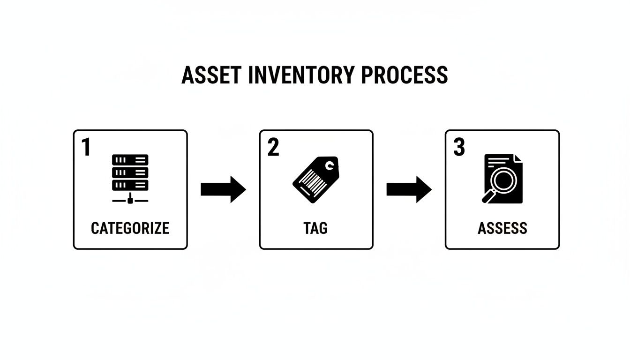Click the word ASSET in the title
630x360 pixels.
[211, 75]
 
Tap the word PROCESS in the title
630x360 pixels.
[405, 75]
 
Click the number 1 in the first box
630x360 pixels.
[86, 147]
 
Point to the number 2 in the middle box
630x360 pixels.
[273, 147]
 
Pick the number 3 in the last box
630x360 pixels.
[459, 147]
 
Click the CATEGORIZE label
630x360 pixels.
[130, 228]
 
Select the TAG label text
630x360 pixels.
[315, 228]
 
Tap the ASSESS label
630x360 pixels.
[502, 228]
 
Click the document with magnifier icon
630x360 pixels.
[502, 179]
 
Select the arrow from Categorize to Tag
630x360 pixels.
[223, 189]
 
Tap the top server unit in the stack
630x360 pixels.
[130, 160]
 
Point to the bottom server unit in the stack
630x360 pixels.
[130, 185]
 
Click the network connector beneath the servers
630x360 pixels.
[130, 200]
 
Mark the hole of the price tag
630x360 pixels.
[330, 165]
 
